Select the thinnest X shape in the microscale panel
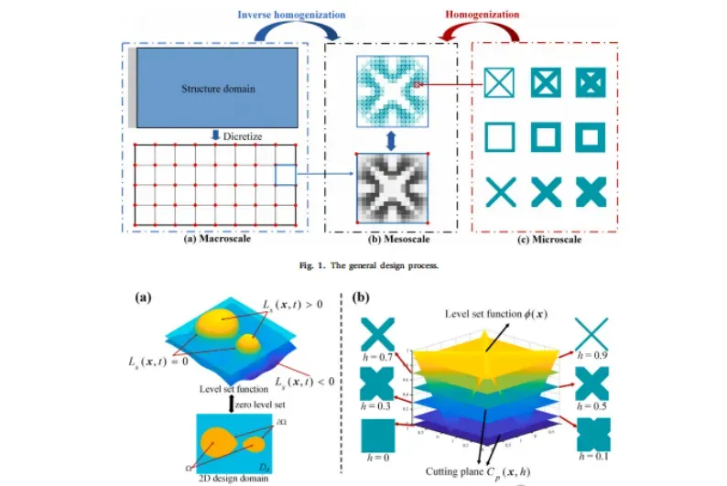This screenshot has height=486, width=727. [500, 193]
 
